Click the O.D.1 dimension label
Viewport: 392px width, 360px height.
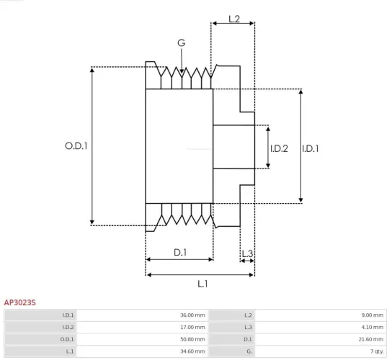click(76, 145)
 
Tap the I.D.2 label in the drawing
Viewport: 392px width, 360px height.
click(279, 148)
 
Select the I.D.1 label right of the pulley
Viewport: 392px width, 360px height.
click(311, 148)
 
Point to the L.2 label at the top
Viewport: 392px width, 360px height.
click(234, 19)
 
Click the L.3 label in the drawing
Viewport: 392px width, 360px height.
click(246, 253)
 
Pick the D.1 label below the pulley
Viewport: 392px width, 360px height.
click(180, 252)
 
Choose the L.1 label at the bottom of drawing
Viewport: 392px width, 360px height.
click(202, 284)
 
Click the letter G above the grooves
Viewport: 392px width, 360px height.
click(182, 43)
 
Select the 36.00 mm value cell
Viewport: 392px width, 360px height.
click(192, 315)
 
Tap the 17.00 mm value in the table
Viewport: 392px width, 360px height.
click(192, 327)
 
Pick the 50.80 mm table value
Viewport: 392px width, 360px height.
click(192, 338)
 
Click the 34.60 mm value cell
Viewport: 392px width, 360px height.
click(192, 350)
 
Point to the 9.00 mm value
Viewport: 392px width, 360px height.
click(372, 315)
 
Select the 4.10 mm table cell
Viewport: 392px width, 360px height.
click(372, 327)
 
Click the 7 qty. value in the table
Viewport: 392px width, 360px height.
click(375, 350)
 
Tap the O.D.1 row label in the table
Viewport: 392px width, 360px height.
click(67, 338)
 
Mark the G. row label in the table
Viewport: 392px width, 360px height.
click(249, 350)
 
